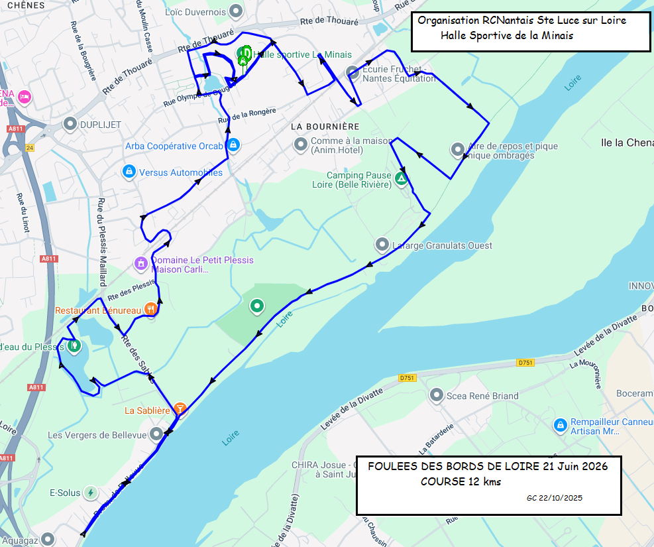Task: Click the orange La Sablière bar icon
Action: tap(180, 409)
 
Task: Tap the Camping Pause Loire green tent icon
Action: tap(401, 178)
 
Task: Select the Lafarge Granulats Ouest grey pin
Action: tap(382, 245)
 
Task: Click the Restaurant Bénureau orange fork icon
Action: tap(151, 309)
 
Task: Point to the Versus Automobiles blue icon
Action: tap(129, 172)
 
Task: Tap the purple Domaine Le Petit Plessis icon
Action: tap(140, 264)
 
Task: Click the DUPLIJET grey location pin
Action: tap(70, 124)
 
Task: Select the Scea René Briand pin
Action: tap(436, 396)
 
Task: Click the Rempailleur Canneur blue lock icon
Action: tap(560, 424)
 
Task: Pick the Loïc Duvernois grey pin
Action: tap(236, 11)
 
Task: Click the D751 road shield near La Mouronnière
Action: tap(525, 363)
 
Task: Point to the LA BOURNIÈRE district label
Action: tap(325, 126)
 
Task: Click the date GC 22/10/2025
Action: tap(555, 497)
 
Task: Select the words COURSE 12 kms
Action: tap(461, 481)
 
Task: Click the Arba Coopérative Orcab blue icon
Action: tap(233, 145)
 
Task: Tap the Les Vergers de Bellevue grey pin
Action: tap(156, 434)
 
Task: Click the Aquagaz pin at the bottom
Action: tap(48, 539)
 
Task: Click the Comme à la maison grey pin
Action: tap(300, 143)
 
